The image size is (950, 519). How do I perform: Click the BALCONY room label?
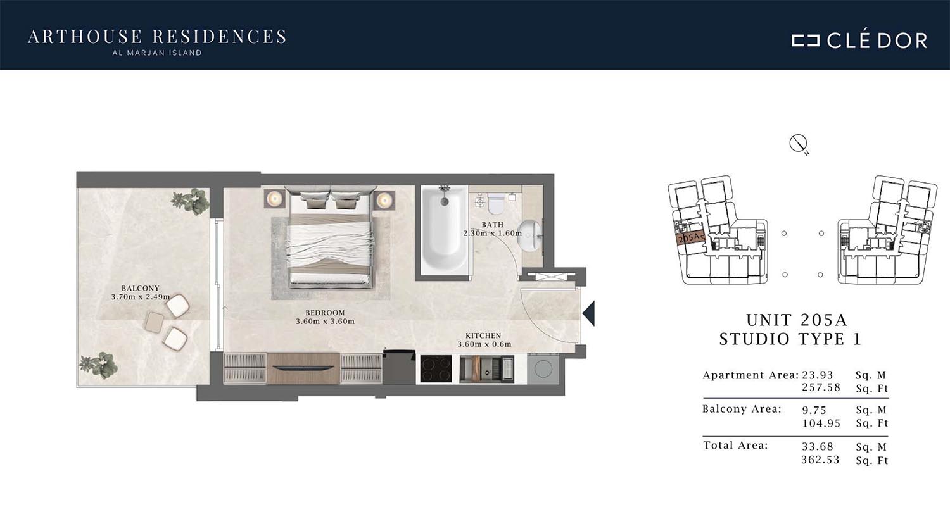(x=141, y=288)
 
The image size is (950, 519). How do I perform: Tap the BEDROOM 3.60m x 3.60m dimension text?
(x=326, y=321)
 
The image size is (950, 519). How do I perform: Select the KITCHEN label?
(x=483, y=335)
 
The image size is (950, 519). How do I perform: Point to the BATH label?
(x=492, y=225)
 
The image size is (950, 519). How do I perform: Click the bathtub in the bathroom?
(x=445, y=229)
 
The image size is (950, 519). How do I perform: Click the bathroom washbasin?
(x=530, y=235)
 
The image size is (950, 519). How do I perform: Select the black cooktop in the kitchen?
(x=436, y=368)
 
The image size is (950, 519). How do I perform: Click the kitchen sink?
(x=487, y=369)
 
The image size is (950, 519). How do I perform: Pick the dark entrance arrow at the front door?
(x=590, y=313)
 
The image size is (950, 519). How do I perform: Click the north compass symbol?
(x=798, y=144)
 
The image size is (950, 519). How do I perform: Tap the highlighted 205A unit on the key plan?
(x=689, y=239)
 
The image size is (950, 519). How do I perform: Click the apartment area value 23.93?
(x=817, y=375)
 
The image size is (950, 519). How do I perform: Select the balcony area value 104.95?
(x=821, y=423)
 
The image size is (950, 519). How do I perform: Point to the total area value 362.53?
(x=820, y=460)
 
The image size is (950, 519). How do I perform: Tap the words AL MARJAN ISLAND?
(x=157, y=53)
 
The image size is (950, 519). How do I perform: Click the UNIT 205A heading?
(x=797, y=320)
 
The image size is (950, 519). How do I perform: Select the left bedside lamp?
(x=274, y=199)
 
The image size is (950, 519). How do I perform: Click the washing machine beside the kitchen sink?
(x=543, y=369)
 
